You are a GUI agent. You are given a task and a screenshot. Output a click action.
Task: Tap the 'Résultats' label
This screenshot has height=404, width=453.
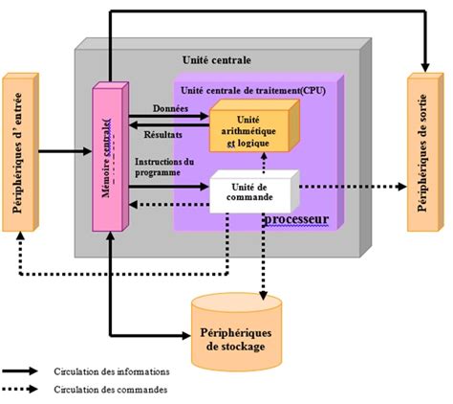(x=162, y=135)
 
